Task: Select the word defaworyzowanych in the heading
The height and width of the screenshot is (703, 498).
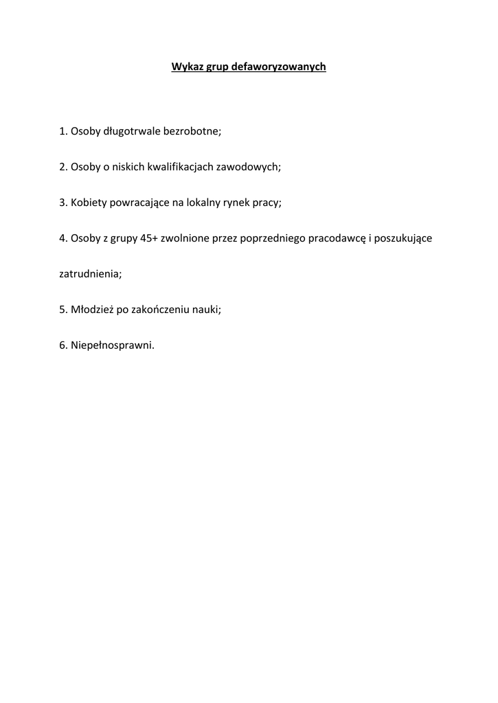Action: [x=279, y=67]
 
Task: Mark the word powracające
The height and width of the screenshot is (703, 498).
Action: [x=139, y=203]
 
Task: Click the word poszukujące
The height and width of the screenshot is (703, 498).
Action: [x=406, y=238]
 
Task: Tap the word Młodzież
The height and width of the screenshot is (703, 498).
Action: [x=92, y=310]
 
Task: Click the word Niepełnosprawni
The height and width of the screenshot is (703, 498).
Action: [x=113, y=345]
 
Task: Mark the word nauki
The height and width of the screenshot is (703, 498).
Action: [x=207, y=310]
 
